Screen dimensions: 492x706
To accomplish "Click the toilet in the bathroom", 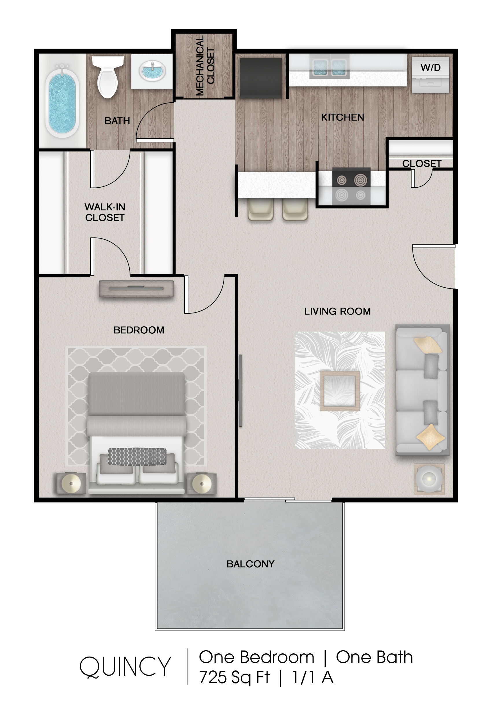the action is coord(108,76).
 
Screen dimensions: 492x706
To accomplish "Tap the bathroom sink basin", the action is coord(152,71).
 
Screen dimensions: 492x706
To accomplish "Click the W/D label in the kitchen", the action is coord(430,67).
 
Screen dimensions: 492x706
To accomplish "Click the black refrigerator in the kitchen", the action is coord(261,78).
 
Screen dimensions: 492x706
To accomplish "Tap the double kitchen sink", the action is coord(329,67).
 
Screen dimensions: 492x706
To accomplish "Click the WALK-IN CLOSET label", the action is coord(105,212).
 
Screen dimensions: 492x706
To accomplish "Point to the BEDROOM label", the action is coord(139,330).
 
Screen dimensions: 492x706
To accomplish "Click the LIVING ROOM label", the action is coord(337,311).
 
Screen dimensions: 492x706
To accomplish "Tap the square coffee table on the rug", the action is coord(340,391).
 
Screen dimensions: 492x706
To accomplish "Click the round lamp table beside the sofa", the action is coord(429,479).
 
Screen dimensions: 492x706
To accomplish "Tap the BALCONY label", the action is coord(250,564).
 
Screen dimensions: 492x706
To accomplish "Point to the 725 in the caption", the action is coord(213,677).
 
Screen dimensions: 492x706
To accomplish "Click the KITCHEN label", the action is coord(342,117).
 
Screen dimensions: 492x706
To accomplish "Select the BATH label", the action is coord(117,121).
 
